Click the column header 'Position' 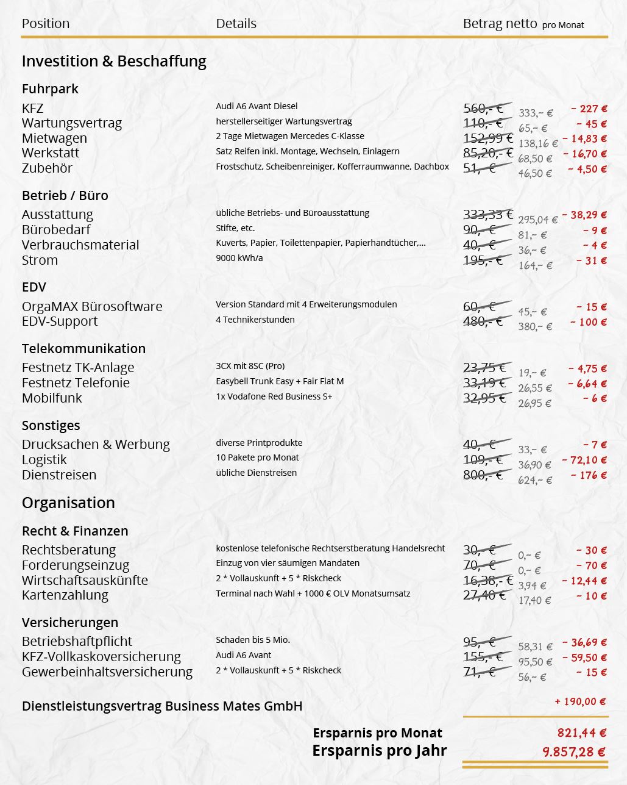click(46, 24)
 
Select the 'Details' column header click(236, 24)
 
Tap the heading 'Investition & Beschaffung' click(114, 61)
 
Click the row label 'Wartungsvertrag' click(72, 123)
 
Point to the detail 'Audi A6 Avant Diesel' click(257, 106)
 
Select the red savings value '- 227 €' click(589, 109)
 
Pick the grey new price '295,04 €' click(537, 220)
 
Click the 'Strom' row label click(40, 260)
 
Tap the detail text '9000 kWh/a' click(239, 258)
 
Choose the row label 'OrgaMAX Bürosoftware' click(92, 306)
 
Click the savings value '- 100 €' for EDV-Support click(589, 322)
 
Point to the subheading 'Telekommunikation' click(83, 349)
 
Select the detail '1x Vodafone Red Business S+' click(274, 396)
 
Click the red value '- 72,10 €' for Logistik click(584, 460)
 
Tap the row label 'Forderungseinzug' click(76, 565)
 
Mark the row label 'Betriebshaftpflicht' click(77, 642)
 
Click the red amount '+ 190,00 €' click(580, 701)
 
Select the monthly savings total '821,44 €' click(581, 733)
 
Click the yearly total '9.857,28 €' click(574, 752)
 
